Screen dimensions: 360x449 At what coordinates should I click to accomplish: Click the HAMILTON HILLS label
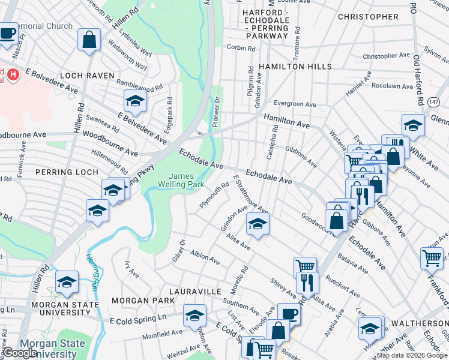tap(291, 67)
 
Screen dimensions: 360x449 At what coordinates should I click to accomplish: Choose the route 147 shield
tap(433, 103)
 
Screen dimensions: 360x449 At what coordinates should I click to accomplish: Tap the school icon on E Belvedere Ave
tap(136, 101)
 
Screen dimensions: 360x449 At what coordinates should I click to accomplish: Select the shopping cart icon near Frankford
tap(432, 259)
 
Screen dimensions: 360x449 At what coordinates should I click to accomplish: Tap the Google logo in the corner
tap(20, 353)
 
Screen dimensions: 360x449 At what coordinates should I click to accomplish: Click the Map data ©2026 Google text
tap(411, 355)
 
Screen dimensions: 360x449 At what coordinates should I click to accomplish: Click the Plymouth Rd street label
tap(214, 196)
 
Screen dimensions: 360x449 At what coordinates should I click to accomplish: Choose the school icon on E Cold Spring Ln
tap(194, 316)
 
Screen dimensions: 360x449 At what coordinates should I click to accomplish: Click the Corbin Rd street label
tap(238, 47)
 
